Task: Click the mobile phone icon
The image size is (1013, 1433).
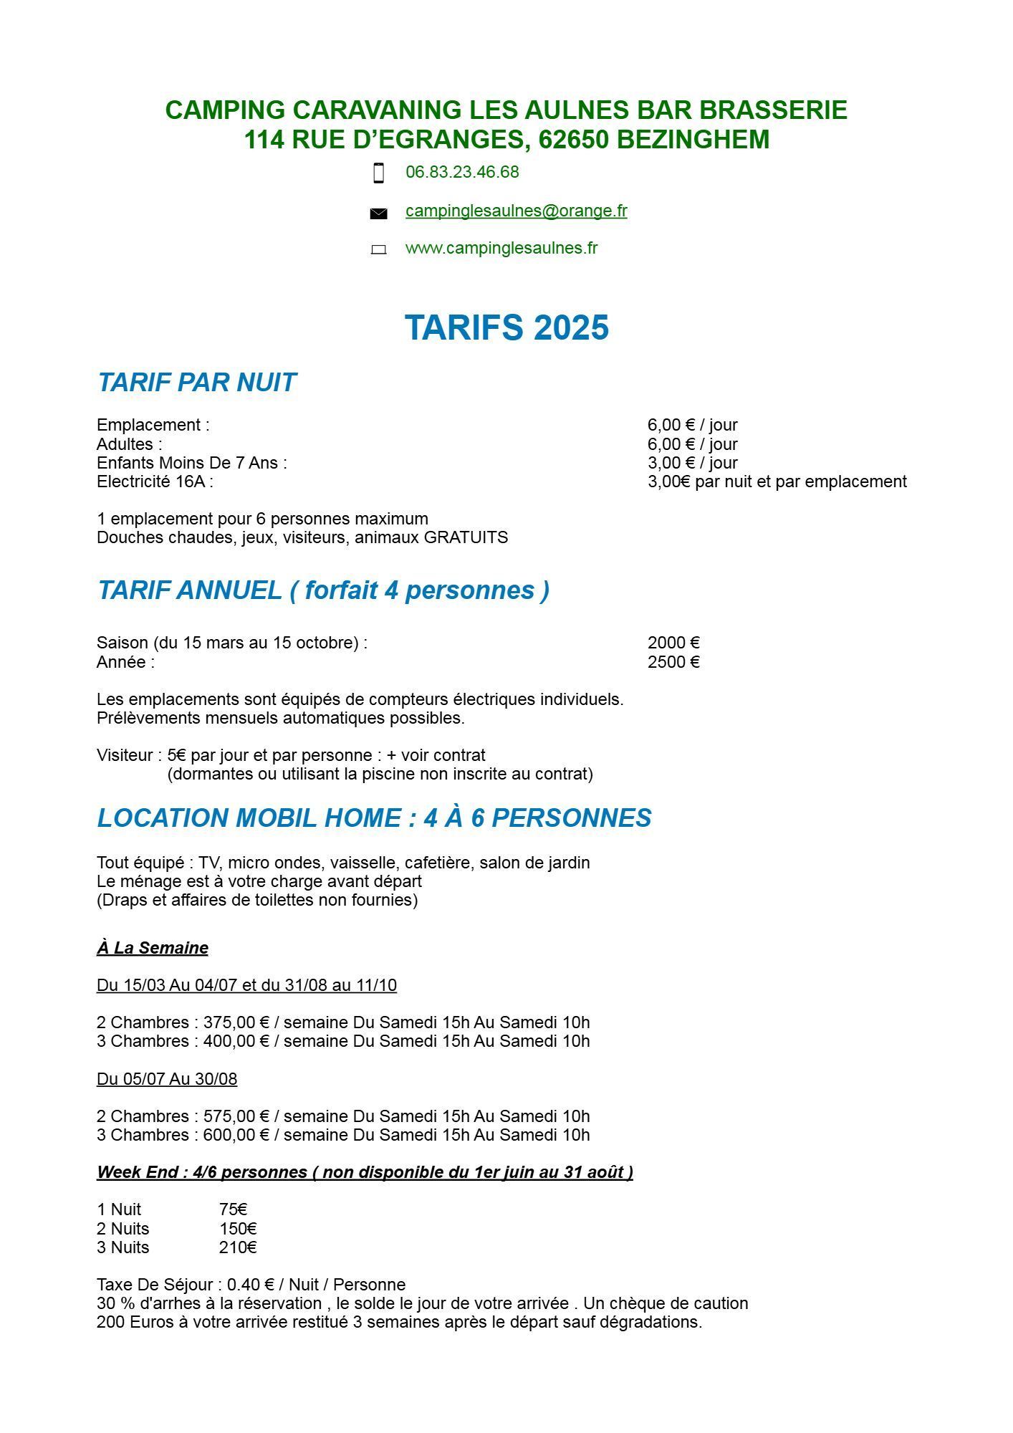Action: (x=379, y=173)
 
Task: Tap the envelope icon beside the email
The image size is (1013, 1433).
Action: (x=378, y=213)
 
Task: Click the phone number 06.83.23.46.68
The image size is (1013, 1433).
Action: (x=462, y=172)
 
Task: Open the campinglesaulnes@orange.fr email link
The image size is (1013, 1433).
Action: (x=516, y=211)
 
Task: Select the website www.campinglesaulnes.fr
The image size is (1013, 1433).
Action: (x=501, y=248)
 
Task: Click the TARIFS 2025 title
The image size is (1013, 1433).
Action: (x=506, y=327)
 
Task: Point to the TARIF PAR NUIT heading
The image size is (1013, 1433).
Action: (x=196, y=383)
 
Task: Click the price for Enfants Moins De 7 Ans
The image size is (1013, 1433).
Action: (x=692, y=463)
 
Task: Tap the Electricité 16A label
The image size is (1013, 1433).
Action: (x=155, y=481)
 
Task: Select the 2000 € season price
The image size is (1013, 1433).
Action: (x=673, y=643)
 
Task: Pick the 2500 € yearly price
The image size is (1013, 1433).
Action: (x=673, y=662)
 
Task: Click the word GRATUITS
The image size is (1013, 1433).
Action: (x=466, y=537)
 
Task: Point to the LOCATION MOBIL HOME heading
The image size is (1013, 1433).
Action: (x=374, y=818)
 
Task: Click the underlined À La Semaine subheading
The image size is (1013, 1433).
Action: (x=153, y=948)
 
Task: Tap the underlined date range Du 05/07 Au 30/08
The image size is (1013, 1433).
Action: (x=167, y=1079)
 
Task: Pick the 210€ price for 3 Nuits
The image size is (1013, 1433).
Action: (x=238, y=1247)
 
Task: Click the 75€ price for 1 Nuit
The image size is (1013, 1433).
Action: (x=234, y=1209)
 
